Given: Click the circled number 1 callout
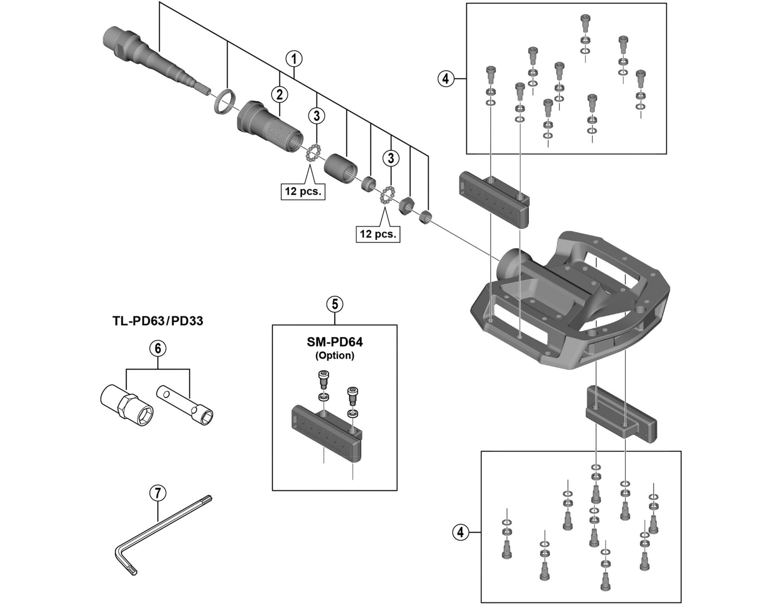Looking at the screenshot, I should [294, 59].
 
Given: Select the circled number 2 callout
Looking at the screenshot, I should [279, 95].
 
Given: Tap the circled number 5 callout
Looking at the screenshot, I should [335, 304].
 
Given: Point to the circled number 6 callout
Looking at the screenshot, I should [158, 348].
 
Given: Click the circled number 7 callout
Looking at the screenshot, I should [158, 493].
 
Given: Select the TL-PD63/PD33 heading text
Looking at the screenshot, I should [158, 321].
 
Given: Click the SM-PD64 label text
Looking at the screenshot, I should [335, 342].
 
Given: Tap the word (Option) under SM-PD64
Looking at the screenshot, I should [335, 355].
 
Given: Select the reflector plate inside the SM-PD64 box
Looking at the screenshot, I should [326, 432].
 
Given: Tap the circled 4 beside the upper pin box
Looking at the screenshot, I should [445, 78].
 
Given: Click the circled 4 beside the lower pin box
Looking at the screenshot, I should [460, 532].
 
